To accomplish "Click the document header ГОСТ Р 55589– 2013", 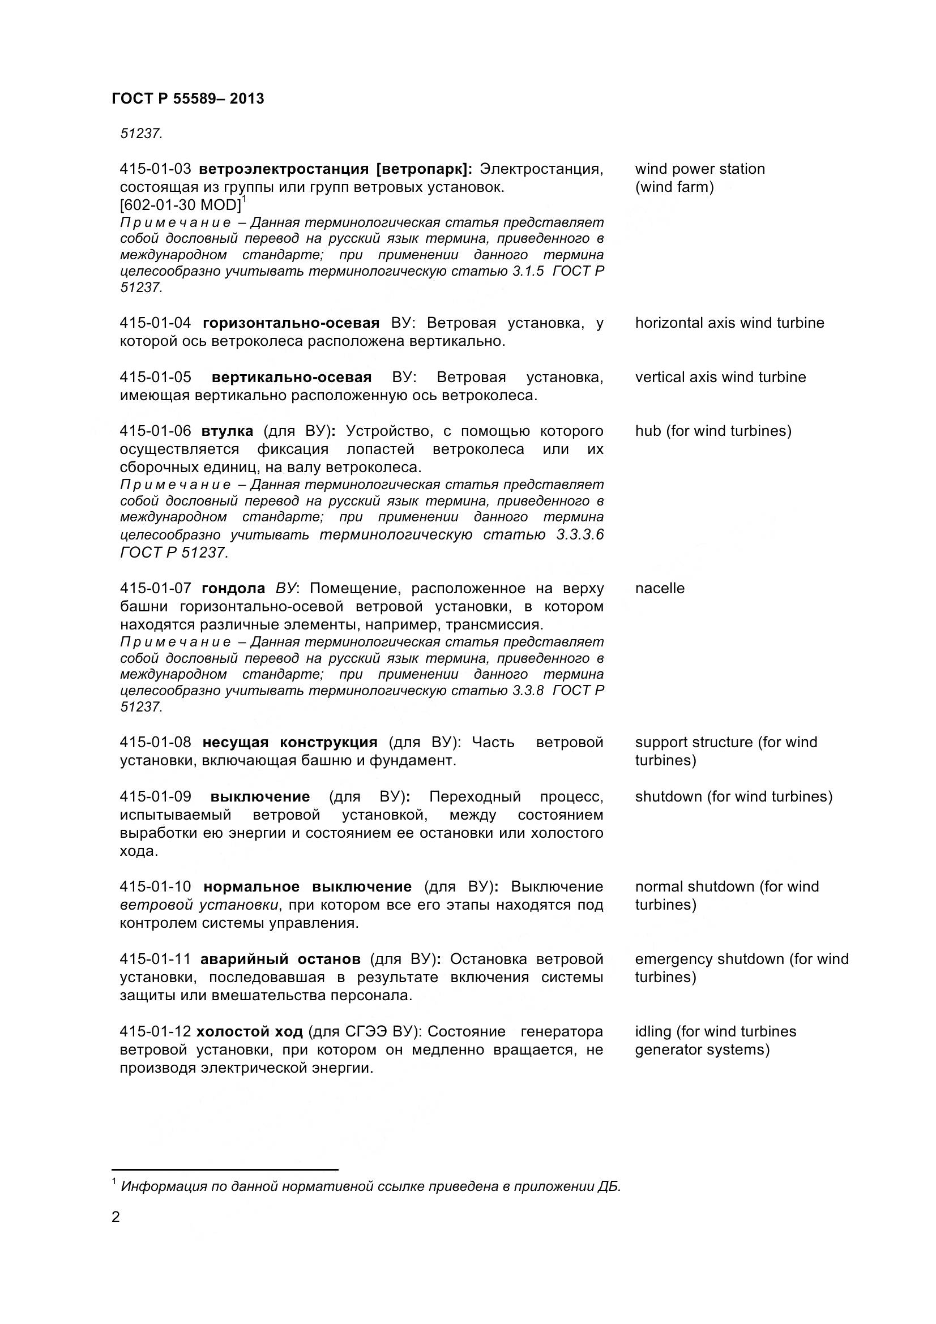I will tap(187, 98).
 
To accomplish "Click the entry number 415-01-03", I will tap(155, 169).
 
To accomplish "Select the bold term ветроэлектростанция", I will tap(284, 169).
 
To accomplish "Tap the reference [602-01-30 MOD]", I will tap(180, 205).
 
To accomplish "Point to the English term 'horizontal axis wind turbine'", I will tap(729, 323).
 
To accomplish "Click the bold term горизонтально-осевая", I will tap(291, 323).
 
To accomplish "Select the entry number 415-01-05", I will tap(155, 377).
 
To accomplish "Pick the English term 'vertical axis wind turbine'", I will tap(720, 377).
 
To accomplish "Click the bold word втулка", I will tap(227, 431).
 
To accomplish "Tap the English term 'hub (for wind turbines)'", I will tap(713, 431).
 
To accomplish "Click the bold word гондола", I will tap(233, 588).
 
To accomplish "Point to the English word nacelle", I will tap(660, 588).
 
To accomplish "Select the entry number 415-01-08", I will tap(155, 742).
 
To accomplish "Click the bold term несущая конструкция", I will tap(289, 742).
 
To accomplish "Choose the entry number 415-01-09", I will tap(155, 796).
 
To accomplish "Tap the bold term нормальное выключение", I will tap(307, 886).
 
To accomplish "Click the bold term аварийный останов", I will tap(280, 959).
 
